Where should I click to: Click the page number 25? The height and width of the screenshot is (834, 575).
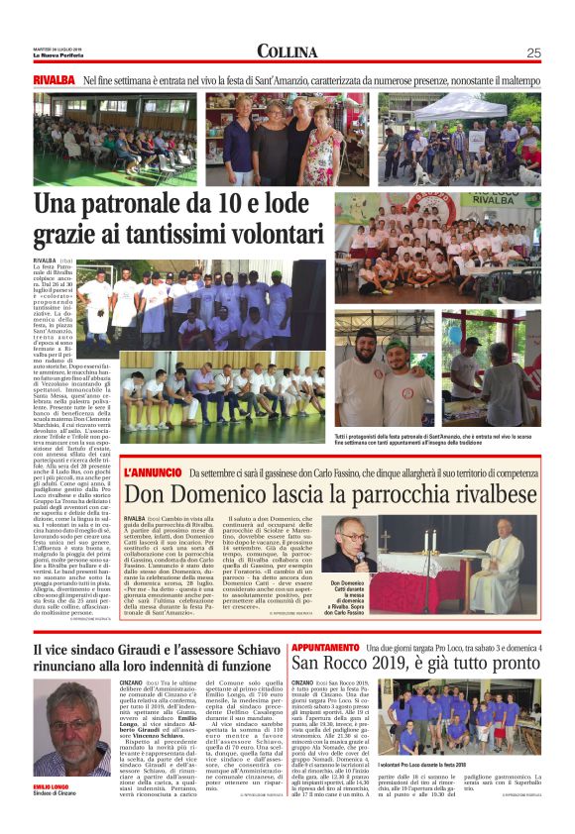pyautogui.click(x=533, y=52)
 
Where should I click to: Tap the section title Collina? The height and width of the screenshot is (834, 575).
pyautogui.click(x=287, y=52)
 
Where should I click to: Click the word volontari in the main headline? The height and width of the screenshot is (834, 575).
pyautogui.click(x=279, y=236)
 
